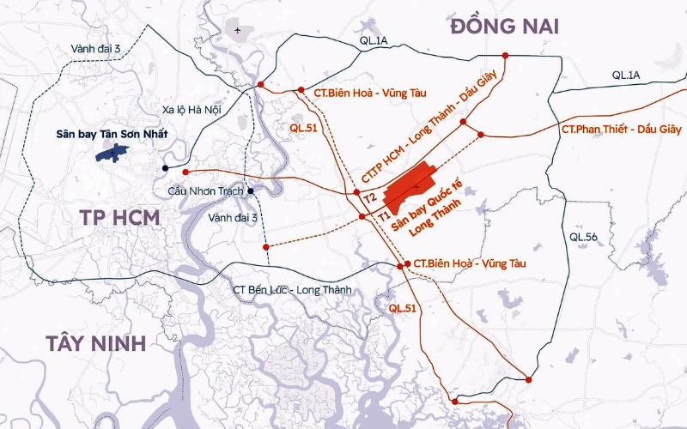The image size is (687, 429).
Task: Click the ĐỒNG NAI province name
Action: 504,27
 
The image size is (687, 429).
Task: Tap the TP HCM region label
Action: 121,217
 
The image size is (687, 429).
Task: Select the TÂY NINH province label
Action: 95,344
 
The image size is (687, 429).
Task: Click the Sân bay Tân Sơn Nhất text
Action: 111,134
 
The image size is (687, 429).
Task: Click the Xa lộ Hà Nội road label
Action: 192,109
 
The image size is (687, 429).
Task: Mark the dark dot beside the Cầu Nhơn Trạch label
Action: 251,190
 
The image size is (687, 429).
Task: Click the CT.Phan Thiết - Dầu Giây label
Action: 620,129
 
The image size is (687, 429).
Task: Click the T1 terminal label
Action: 383,218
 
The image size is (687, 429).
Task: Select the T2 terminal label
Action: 370,198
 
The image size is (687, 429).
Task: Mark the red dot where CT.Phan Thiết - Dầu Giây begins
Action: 482,135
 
